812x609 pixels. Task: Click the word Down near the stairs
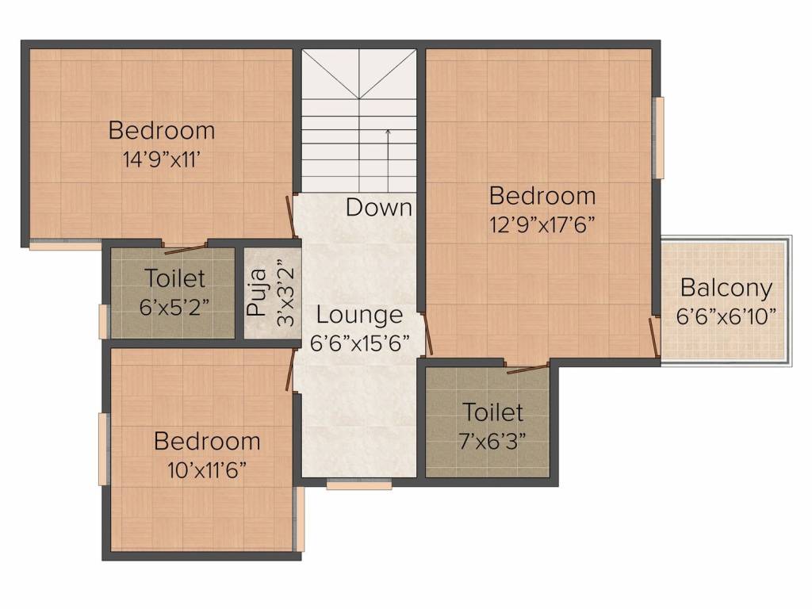(x=379, y=208)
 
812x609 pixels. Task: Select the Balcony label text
(x=726, y=288)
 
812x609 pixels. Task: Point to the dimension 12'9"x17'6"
(x=542, y=224)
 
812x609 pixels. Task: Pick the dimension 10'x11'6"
(x=207, y=469)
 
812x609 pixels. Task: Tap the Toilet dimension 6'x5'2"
(x=174, y=307)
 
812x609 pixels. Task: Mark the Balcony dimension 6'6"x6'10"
(x=726, y=316)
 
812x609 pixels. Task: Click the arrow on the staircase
(x=388, y=159)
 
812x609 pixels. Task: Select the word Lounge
(x=359, y=316)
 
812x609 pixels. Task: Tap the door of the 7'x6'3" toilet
(x=527, y=368)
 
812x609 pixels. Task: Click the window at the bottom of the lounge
(x=359, y=485)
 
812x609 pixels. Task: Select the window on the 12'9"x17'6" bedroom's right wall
(x=657, y=138)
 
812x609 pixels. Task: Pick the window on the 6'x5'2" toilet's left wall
(x=103, y=321)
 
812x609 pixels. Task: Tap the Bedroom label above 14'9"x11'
(x=161, y=130)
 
